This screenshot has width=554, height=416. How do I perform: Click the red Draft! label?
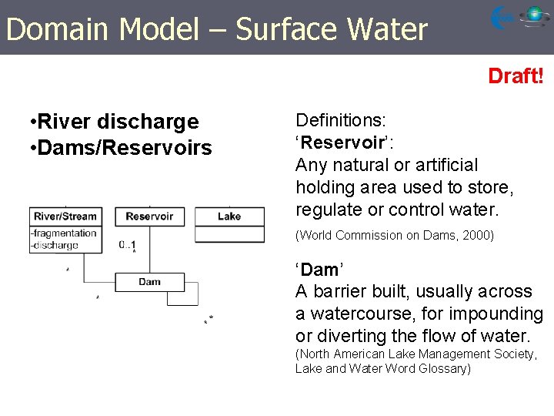tap(516, 76)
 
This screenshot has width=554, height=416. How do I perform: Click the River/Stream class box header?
tap(65, 216)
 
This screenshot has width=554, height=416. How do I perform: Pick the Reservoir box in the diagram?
tap(149, 216)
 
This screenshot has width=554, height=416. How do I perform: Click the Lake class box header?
tap(229, 216)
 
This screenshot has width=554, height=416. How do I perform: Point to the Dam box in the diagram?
tap(149, 282)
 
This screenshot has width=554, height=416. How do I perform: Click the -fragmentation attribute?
tap(64, 233)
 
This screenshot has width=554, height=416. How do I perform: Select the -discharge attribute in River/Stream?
tap(55, 245)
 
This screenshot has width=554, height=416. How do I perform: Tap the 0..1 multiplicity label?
tap(128, 244)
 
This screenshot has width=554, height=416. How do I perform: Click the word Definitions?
tap(341, 120)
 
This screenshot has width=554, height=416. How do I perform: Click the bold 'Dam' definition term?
tap(319, 270)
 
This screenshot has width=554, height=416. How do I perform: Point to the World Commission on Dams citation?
tap(377, 236)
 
